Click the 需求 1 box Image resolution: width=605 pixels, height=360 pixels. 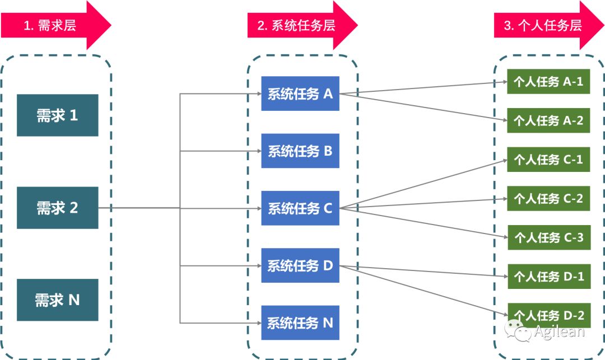pyautogui.click(x=57, y=115)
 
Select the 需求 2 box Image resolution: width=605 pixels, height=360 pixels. pyautogui.click(x=57, y=208)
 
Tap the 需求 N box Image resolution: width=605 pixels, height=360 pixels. pyautogui.click(x=57, y=300)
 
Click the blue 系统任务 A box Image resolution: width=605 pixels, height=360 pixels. pyautogui.click(x=300, y=93)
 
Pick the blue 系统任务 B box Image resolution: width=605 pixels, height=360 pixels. pyautogui.click(x=300, y=151)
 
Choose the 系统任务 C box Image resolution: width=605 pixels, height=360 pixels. pyautogui.click(x=300, y=208)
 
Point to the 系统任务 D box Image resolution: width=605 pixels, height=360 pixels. pyautogui.click(x=300, y=265)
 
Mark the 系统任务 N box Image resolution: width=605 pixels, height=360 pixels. pyautogui.click(x=300, y=322)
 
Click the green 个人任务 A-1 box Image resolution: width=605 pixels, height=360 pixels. pyautogui.click(x=548, y=82)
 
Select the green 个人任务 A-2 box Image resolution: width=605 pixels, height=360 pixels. pyautogui.click(x=548, y=120)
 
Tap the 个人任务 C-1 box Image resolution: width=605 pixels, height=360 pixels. pyautogui.click(x=548, y=160)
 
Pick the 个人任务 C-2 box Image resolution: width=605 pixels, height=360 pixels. pyautogui.click(x=548, y=198)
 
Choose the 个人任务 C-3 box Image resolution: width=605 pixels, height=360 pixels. pyautogui.click(x=548, y=237)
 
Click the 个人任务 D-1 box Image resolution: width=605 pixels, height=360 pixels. pyautogui.click(x=548, y=277)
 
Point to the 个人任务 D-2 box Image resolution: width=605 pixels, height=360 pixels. pyautogui.click(x=548, y=315)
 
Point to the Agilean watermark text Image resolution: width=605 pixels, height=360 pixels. pyautogui.click(x=559, y=331)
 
